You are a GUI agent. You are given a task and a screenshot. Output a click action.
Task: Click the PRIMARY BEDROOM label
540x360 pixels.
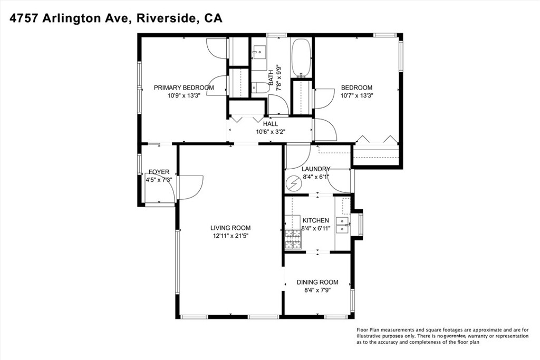pyautogui.click(x=184, y=87)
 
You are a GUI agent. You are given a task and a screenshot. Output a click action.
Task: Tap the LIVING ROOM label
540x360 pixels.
pyautogui.click(x=230, y=228)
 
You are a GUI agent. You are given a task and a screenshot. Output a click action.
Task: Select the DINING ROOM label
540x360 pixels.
pyautogui.click(x=317, y=282)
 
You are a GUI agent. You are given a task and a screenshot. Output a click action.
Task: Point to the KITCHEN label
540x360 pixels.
pyautogui.click(x=316, y=220)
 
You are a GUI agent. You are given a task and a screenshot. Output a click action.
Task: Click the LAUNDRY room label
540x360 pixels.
pyautogui.click(x=316, y=169)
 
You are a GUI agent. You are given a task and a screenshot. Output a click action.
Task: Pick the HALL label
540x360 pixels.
pyautogui.click(x=271, y=124)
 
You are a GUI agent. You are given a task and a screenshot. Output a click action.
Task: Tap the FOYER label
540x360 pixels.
pyautogui.click(x=159, y=172)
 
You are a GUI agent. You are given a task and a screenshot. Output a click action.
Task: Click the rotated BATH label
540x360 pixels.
pyautogui.click(x=271, y=78)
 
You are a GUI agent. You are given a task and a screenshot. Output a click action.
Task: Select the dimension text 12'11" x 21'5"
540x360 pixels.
pyautogui.click(x=230, y=236)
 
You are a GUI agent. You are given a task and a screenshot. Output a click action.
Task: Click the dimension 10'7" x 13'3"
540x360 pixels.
pyautogui.click(x=357, y=95)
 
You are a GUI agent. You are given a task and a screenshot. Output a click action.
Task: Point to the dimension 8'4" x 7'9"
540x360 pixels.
pyautogui.click(x=317, y=290)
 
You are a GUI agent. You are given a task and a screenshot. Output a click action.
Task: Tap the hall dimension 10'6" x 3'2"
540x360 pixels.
pyautogui.click(x=271, y=131)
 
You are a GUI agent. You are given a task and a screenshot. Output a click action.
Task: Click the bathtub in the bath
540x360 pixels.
pyautogui.click(x=302, y=57)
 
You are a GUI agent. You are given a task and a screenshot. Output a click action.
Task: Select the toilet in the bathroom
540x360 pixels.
pyautogui.click(x=259, y=88)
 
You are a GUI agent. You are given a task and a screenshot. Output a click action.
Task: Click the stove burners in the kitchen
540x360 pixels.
pyautogui.click(x=293, y=239)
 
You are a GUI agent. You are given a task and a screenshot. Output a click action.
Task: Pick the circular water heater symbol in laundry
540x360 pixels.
pyautogui.click(x=294, y=183)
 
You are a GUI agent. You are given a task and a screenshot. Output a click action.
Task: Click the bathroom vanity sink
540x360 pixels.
pyautogui.click(x=258, y=52)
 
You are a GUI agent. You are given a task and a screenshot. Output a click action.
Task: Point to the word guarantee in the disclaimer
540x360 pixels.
pyautogui.click(x=455, y=336)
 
